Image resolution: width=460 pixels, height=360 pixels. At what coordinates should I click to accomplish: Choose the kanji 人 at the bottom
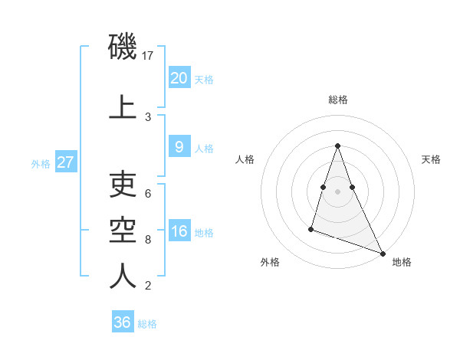pyautogui.click(x=123, y=276)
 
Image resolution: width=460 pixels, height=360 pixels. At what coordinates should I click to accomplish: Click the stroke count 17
pyautogui.click(x=149, y=55)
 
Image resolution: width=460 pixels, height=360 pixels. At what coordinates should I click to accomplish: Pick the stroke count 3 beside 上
pyautogui.click(x=148, y=116)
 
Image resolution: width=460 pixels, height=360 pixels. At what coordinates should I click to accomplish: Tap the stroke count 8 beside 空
pyautogui.click(x=148, y=239)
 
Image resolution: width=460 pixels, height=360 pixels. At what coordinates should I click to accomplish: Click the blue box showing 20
pyautogui.click(x=179, y=77)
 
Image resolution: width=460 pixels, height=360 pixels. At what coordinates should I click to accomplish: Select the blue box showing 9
pyautogui.click(x=179, y=147)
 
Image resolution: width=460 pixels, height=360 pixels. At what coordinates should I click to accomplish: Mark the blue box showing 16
pyautogui.click(x=179, y=231)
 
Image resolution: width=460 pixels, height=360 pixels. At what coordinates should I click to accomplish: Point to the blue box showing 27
pyautogui.click(x=65, y=162)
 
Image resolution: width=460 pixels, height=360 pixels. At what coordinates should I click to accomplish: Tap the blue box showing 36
pyautogui.click(x=122, y=322)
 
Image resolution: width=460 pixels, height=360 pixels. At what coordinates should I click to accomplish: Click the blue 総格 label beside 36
pyautogui.click(x=147, y=324)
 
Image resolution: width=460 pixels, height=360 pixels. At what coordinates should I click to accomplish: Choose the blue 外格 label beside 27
pyautogui.click(x=41, y=163)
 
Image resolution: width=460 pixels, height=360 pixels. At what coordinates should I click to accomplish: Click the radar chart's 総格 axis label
pyautogui.click(x=338, y=100)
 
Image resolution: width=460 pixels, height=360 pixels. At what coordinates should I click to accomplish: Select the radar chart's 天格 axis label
pyautogui.click(x=432, y=159)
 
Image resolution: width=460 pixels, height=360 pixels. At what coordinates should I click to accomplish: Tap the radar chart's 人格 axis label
pyautogui.click(x=245, y=159)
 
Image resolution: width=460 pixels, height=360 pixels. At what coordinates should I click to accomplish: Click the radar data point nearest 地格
pyautogui.click(x=382, y=253)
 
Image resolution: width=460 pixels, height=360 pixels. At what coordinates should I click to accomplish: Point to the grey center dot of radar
pyautogui.click(x=338, y=191)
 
